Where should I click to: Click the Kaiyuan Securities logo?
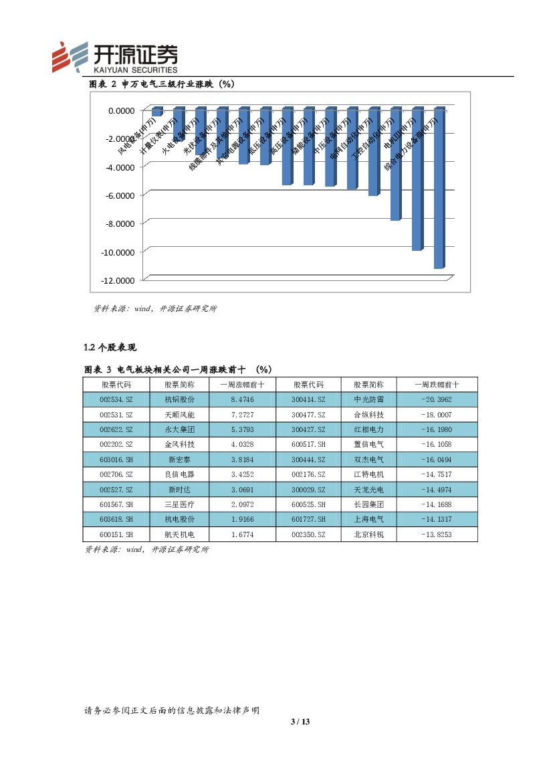click(x=115, y=56)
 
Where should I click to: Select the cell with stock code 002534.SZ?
click(x=116, y=399)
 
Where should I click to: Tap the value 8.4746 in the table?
click(x=241, y=399)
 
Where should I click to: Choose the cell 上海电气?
click(x=368, y=519)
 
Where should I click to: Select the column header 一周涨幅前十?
click(x=241, y=385)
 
